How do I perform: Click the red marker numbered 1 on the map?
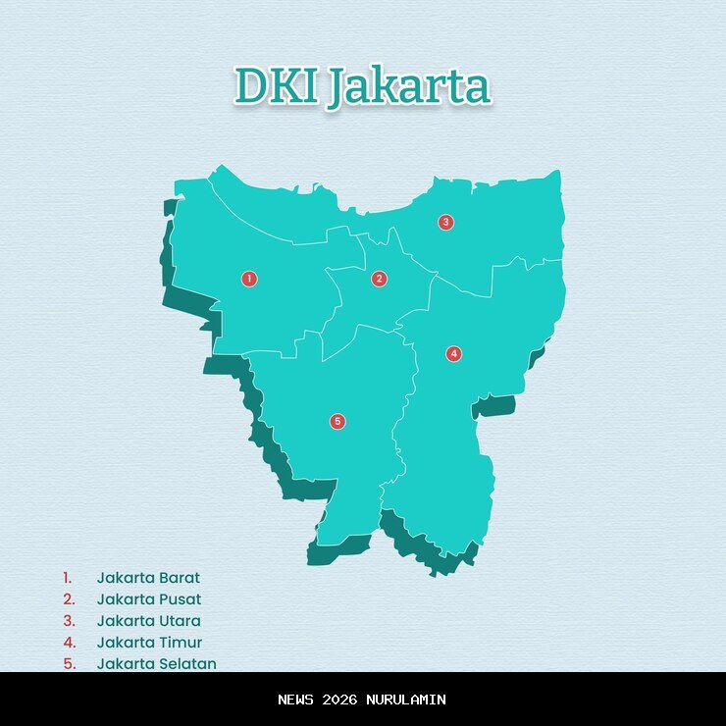pyautogui.click(x=249, y=279)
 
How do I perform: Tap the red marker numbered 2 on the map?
pyautogui.click(x=380, y=279)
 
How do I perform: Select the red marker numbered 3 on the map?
pyautogui.click(x=445, y=222)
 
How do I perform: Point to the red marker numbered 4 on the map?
pyautogui.click(x=453, y=353)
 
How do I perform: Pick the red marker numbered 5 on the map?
pyautogui.click(x=337, y=422)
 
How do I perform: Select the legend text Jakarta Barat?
pyautogui.click(x=148, y=578)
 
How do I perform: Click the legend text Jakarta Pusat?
pyautogui.click(x=148, y=599)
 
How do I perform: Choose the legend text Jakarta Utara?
pyautogui.click(x=148, y=621)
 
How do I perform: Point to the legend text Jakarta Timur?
pyautogui.click(x=149, y=643)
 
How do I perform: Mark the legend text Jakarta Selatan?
pyautogui.click(x=156, y=663)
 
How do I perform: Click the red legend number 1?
pyautogui.click(x=68, y=578)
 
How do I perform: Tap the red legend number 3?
pyautogui.click(x=69, y=621)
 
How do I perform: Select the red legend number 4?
pyautogui.click(x=69, y=643)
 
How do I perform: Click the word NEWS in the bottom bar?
pyautogui.click(x=297, y=700)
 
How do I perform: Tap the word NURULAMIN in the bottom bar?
pyautogui.click(x=406, y=700)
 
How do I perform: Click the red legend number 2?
pyautogui.click(x=69, y=599)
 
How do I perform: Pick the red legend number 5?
pyautogui.click(x=69, y=663)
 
